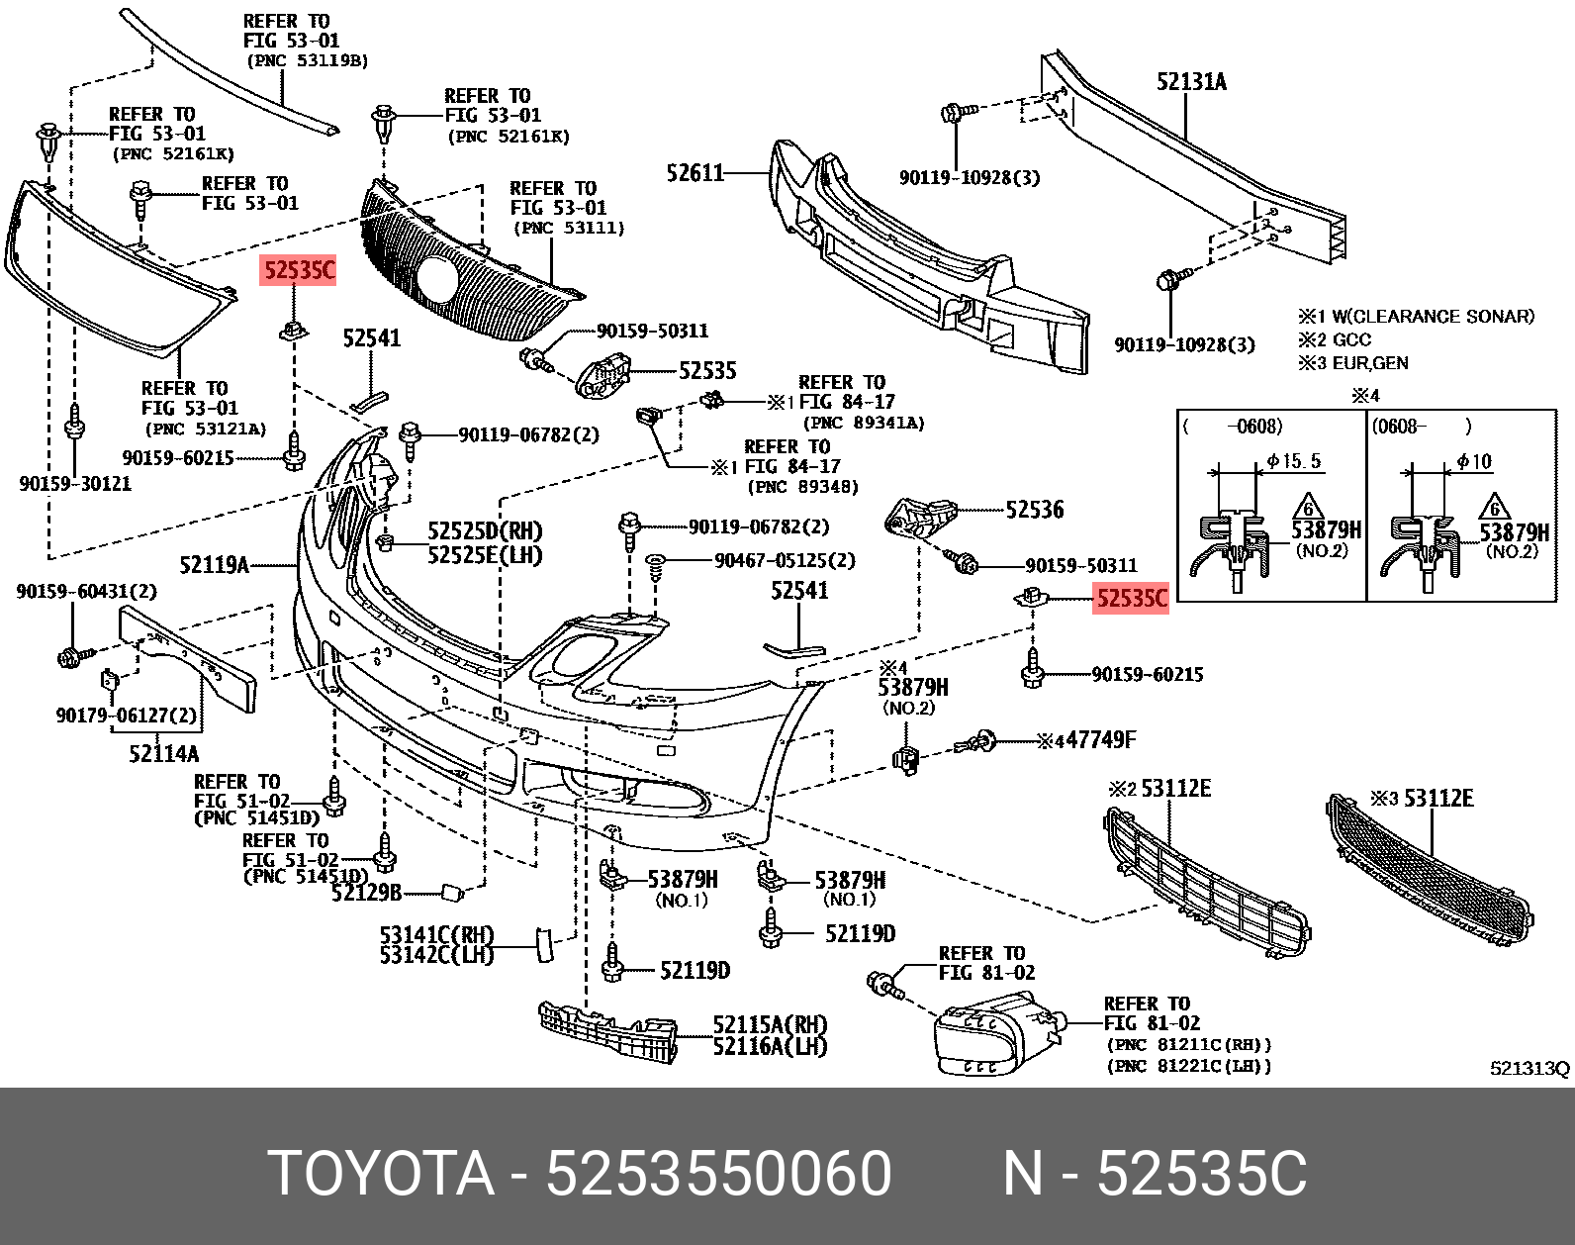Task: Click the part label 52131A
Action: coord(1191,82)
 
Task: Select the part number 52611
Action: coord(695,174)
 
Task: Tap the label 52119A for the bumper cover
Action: coord(214,565)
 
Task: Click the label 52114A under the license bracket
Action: coord(163,754)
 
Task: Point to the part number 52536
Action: coord(1034,510)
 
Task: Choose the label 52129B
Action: coord(366,893)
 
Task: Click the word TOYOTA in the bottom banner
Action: coord(380,1174)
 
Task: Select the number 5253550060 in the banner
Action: coord(718,1174)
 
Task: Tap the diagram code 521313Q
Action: coord(1529,1069)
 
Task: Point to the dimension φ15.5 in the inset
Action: coord(1293,461)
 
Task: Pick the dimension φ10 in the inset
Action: coord(1474,462)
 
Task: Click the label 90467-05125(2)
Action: coord(785,561)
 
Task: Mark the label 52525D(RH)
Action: coord(485,531)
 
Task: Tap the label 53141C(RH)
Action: coord(436,934)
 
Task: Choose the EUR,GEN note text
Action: coord(1369,363)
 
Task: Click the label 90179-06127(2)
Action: coord(126,716)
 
